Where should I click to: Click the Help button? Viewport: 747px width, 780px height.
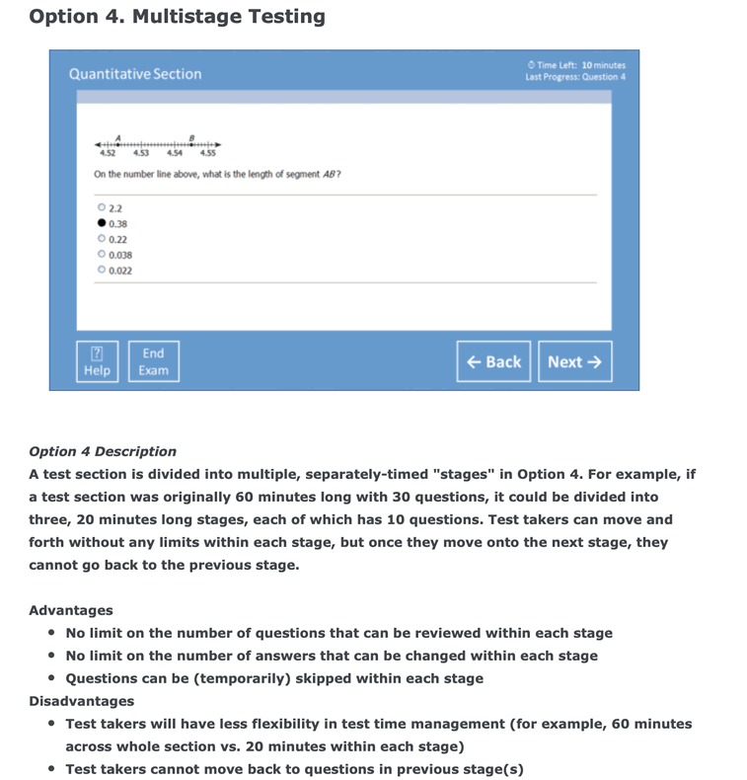(98, 361)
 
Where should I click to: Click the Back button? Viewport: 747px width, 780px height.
(493, 361)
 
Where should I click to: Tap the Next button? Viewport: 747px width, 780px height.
(574, 361)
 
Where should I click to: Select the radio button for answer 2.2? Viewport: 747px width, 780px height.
(102, 208)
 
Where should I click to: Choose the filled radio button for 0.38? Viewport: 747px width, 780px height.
(102, 224)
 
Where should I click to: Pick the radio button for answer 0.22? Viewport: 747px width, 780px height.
(102, 239)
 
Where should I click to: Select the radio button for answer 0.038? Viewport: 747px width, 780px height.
(102, 255)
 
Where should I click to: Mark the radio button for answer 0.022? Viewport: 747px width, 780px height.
(102, 270)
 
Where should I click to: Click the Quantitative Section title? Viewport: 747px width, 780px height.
(135, 74)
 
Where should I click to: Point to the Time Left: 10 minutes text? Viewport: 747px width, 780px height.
(577, 65)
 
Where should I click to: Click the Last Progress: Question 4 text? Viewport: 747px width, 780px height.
(575, 77)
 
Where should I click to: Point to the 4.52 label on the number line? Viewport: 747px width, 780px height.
(108, 153)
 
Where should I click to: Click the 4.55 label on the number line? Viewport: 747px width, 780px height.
(208, 153)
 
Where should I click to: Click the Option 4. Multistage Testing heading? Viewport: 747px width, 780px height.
(178, 17)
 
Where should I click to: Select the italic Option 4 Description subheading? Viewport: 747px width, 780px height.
(103, 451)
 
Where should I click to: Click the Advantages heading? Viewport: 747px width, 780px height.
(71, 610)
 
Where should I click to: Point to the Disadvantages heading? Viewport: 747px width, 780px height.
(82, 701)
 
